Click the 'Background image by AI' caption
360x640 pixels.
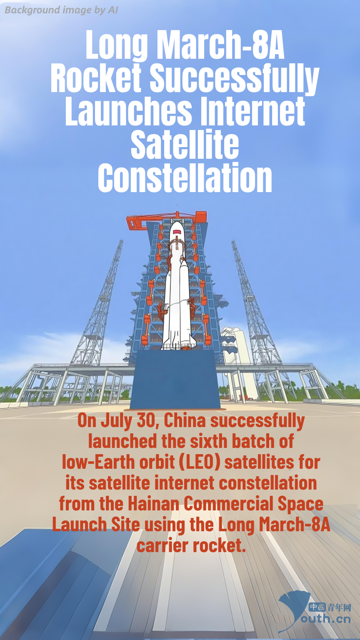[x=61, y=10]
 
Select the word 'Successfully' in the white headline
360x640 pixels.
[x=234, y=79]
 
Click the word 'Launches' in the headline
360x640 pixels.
[x=129, y=111]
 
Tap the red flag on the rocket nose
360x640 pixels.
[x=178, y=232]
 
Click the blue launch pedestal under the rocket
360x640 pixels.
[x=175, y=379]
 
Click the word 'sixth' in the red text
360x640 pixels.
[x=208, y=441]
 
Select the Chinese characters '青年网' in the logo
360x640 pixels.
[x=339, y=607]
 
